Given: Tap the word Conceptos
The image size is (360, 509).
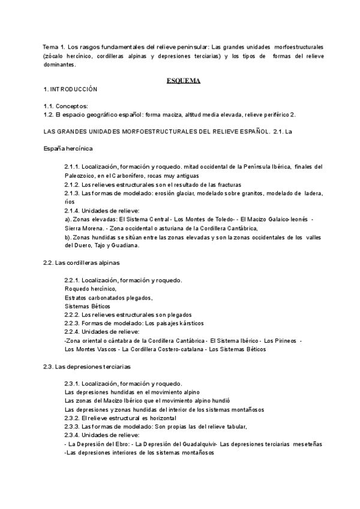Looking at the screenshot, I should (x=74, y=106).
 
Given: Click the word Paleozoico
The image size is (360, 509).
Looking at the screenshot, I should (x=81, y=175).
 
